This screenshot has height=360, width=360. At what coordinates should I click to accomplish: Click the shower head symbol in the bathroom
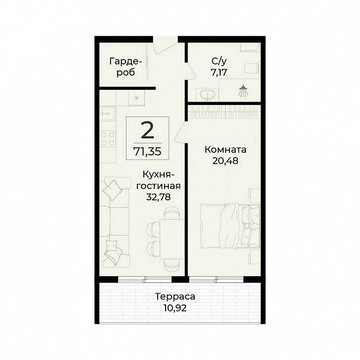coord(242,90)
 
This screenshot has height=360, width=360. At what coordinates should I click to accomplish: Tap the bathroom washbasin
coord(208,95)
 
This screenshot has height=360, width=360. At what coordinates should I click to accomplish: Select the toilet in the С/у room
coord(252,68)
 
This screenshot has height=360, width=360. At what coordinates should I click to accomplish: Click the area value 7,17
coord(219,72)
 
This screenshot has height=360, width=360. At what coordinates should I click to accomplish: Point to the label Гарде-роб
coord(125,67)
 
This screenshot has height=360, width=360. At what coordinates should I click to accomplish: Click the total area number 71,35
coord(148,152)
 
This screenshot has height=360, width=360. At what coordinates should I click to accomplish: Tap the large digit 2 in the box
coord(147,131)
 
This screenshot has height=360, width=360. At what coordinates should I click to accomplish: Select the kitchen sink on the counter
coord(107,114)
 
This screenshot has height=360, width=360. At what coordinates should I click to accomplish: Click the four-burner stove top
coord(108,139)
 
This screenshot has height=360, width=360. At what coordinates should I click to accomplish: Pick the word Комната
coord(226,150)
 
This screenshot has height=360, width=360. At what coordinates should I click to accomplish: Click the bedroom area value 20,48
coord(225,161)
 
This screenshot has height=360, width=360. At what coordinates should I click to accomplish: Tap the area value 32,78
coord(158,197)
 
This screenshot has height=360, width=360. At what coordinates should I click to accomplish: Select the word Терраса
coord(175,297)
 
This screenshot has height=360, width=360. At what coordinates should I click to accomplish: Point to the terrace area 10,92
coord(175,307)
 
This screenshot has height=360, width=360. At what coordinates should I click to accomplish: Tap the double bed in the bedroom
coord(230,226)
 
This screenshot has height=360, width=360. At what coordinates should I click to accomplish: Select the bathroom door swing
coord(190,71)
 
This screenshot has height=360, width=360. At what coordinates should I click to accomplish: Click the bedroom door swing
coord(180,133)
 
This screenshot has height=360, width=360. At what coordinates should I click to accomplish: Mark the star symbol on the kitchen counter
coord(136,98)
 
